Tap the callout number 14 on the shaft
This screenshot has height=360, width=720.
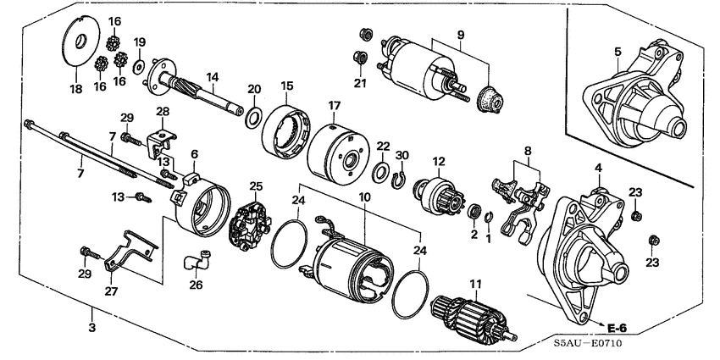click(214, 76)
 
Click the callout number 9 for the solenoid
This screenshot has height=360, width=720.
click(460, 36)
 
